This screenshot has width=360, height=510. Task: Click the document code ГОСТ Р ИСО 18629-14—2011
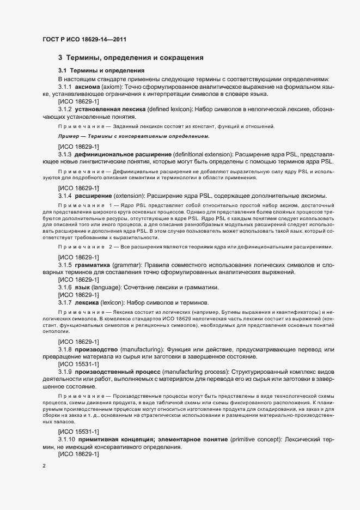point(86,39)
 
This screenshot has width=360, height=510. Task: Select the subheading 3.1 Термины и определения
point(101,71)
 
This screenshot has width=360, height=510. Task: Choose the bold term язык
point(83,287)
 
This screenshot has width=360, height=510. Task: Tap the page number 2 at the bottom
point(44,466)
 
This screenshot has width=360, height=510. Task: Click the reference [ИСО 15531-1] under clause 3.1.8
point(78,364)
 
